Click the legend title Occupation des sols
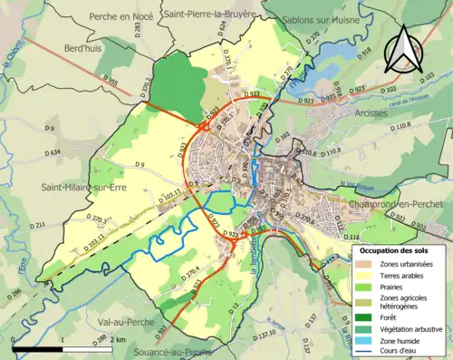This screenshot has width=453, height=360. [x=397, y=248]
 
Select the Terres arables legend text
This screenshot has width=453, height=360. [x=404, y=273]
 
